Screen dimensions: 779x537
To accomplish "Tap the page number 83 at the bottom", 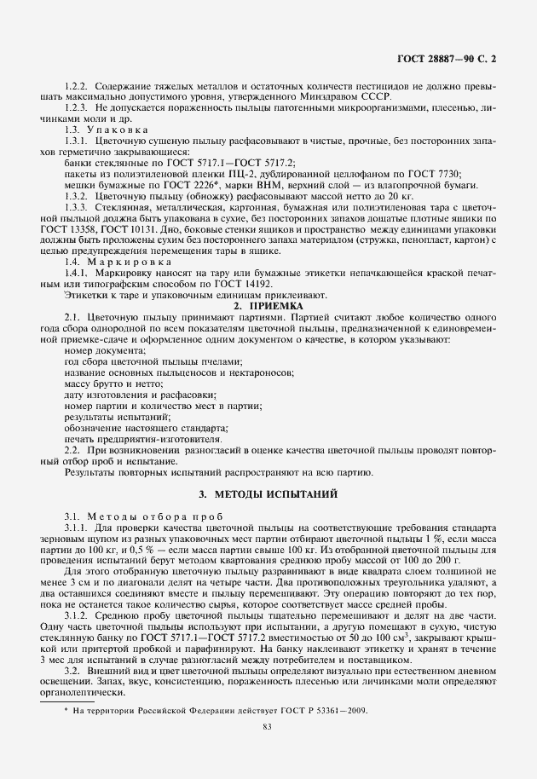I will click(x=268, y=726).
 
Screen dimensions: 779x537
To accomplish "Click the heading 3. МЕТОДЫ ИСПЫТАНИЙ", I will click(x=268, y=493).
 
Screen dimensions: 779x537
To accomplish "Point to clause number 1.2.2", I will click(x=77, y=87).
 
